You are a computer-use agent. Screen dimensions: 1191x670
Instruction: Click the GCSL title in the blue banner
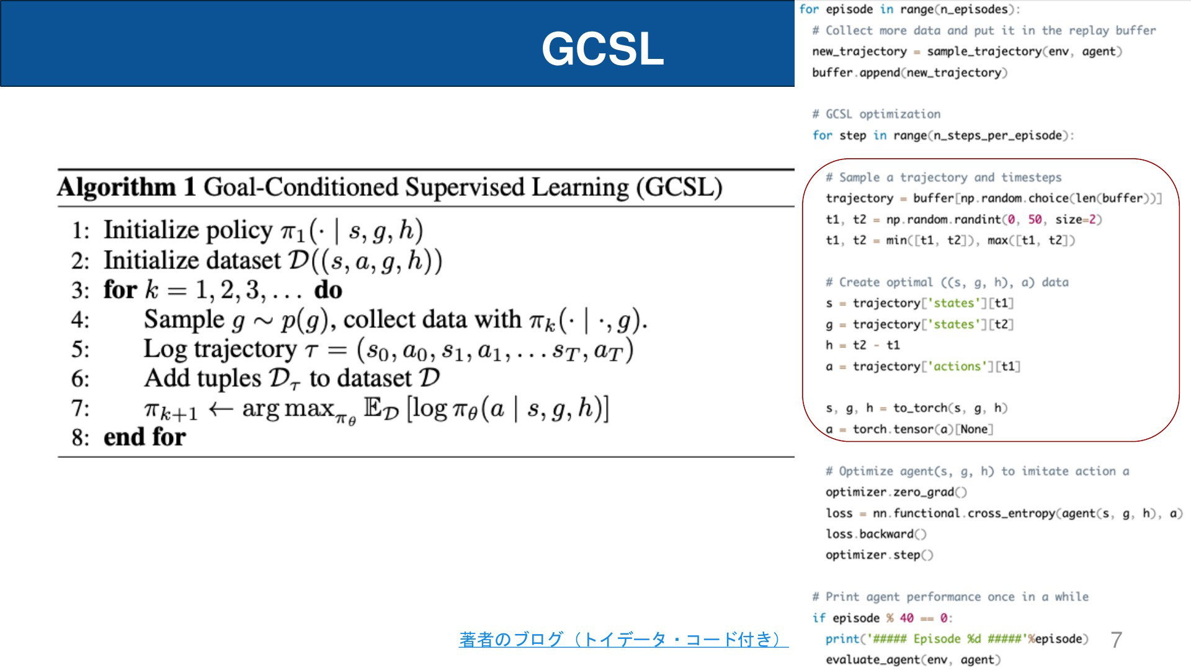602,48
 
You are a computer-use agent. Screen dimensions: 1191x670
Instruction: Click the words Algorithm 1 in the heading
127,187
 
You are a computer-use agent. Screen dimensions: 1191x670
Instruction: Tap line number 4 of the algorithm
80,319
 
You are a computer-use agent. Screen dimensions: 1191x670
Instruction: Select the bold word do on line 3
328,290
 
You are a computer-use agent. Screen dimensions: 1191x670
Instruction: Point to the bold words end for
145,437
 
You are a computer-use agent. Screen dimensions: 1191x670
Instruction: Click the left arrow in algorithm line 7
220,409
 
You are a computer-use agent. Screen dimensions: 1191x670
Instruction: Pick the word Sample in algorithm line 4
184,320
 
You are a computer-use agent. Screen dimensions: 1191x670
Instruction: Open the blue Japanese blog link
623,639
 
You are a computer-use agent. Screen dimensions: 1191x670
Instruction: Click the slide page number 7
1117,640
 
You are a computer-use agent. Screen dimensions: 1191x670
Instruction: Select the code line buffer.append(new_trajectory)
910,73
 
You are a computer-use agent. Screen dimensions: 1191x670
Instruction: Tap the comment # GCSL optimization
877,114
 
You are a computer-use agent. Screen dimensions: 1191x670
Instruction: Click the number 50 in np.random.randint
1035,220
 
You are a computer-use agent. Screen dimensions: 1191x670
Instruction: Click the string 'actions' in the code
957,366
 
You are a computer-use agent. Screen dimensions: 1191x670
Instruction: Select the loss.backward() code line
876,534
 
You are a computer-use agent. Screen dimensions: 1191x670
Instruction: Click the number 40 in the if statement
906,618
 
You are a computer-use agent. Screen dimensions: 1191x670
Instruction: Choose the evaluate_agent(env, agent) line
912,660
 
